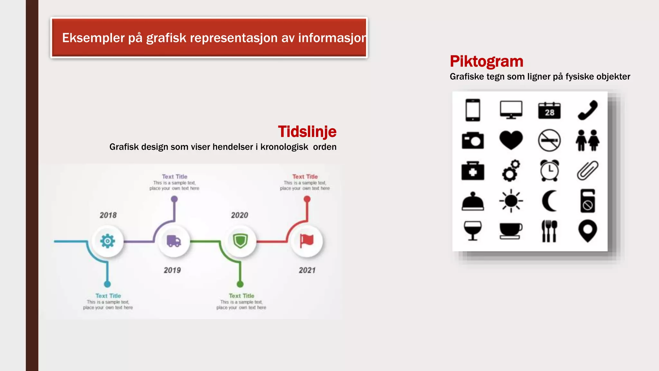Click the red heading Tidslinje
pyautogui.click(x=307, y=132)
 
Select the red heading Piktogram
pyautogui.click(x=487, y=62)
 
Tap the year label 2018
pyautogui.click(x=108, y=215)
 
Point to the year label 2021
pyautogui.click(x=307, y=270)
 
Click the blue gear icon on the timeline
pyautogui.click(x=107, y=241)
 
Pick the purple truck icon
pyautogui.click(x=174, y=241)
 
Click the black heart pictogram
pyautogui.click(x=511, y=140)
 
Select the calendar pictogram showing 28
pyautogui.click(x=549, y=110)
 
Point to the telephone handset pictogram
pyautogui.click(x=588, y=110)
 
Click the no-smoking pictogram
pyautogui.click(x=549, y=140)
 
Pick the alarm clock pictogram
pyautogui.click(x=549, y=170)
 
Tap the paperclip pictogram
pyautogui.click(x=588, y=170)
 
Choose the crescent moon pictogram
pyautogui.click(x=549, y=201)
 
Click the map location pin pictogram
pyautogui.click(x=588, y=230)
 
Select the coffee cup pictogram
pyautogui.click(x=511, y=231)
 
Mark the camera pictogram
pyautogui.click(x=473, y=140)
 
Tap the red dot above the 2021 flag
pyautogui.click(x=307, y=199)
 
